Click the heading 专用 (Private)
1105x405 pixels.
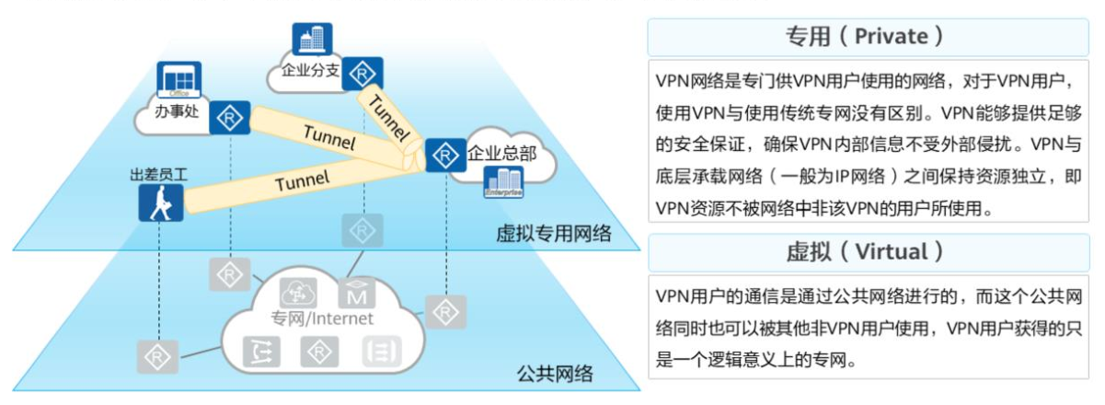click(864, 36)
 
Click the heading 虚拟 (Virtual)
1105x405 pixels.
click(864, 251)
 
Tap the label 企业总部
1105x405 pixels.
click(501, 153)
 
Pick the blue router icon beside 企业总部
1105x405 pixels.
click(444, 154)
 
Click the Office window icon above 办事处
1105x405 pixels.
click(178, 80)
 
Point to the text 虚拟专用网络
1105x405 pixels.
click(552, 232)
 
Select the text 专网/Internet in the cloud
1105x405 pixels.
click(322, 319)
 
